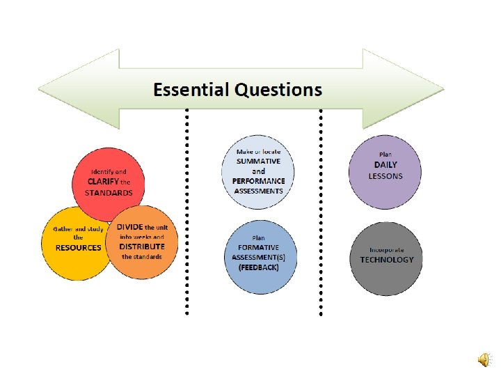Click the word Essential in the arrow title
click(191, 90)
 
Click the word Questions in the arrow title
click(278, 90)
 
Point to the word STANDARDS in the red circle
click(109, 192)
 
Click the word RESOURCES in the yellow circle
click(78, 247)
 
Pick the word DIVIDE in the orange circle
click(129, 227)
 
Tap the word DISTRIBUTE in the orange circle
click(142, 246)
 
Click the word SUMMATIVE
click(258, 161)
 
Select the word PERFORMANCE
click(259, 181)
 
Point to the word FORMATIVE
click(258, 246)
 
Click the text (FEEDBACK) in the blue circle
click(258, 267)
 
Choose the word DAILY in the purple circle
click(385, 164)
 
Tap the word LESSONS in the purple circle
click(385, 175)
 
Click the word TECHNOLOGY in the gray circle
click(387, 260)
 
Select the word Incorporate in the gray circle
click(387, 249)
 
